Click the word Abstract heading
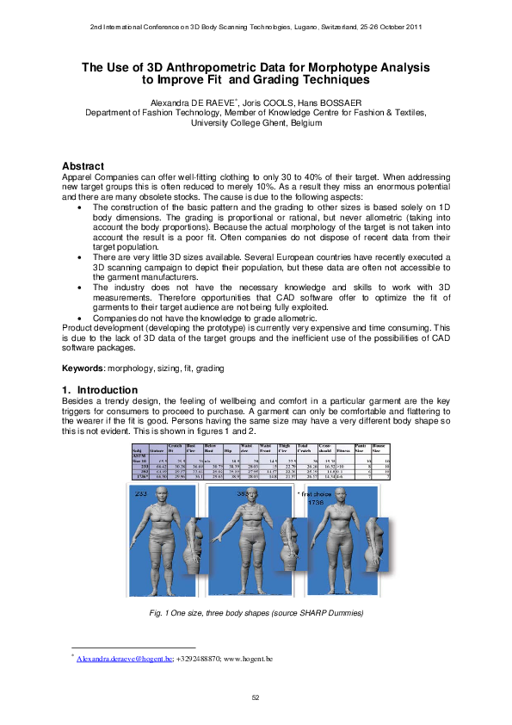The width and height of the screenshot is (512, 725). (x=83, y=166)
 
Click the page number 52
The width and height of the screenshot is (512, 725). (x=256, y=697)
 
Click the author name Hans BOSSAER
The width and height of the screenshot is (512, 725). (x=319, y=102)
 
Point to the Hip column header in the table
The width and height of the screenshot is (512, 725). (x=228, y=449)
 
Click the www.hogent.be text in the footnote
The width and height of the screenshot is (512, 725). (x=249, y=659)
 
